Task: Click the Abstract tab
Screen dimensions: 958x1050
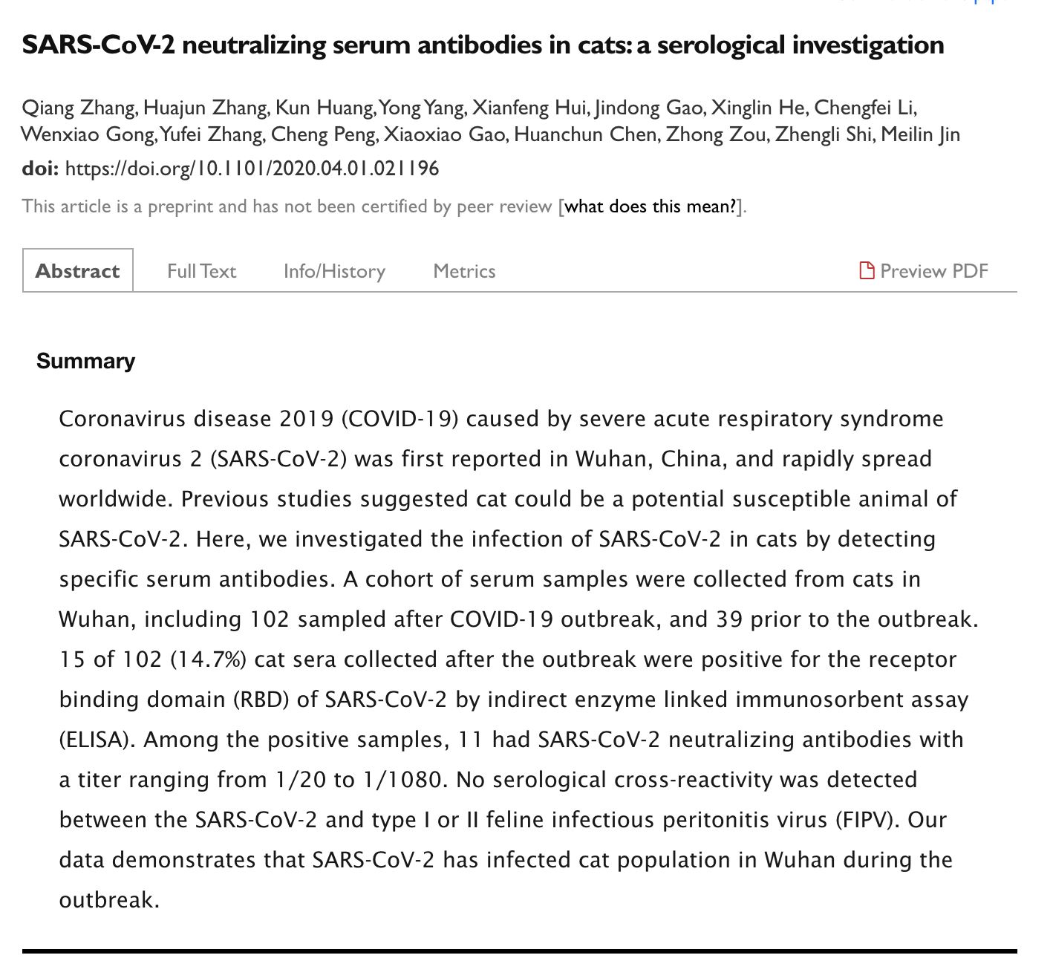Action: (x=77, y=271)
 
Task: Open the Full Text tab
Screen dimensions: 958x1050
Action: (x=201, y=271)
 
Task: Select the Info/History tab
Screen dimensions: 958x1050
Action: (x=334, y=271)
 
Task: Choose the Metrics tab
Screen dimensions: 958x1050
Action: (x=464, y=271)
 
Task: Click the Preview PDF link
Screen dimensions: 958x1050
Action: (x=933, y=271)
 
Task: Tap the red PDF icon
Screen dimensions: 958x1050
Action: (x=866, y=270)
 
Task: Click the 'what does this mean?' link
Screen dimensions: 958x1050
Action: (x=651, y=206)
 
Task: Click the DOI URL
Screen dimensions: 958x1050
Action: (x=252, y=169)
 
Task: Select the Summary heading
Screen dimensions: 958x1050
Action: (x=85, y=361)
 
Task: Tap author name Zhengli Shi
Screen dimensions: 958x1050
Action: (x=823, y=135)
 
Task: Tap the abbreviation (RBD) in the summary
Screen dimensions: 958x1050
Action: (x=261, y=700)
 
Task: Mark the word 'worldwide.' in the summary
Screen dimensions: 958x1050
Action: (x=116, y=499)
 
